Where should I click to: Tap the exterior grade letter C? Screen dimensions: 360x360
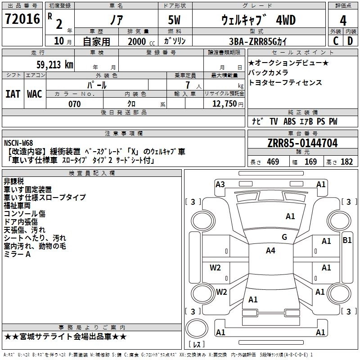click(x=336, y=40)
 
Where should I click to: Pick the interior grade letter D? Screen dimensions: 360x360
click(x=351, y=40)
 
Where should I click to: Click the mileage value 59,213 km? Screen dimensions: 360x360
click(x=55, y=64)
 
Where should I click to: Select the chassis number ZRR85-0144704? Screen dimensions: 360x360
click(x=302, y=144)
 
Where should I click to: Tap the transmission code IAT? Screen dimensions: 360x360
click(x=13, y=94)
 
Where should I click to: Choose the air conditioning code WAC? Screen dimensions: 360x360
click(x=35, y=94)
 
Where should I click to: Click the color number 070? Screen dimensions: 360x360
click(x=74, y=104)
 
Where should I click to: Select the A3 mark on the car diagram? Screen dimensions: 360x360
click(x=220, y=184)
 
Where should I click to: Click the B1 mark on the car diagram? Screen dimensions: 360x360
click(x=347, y=240)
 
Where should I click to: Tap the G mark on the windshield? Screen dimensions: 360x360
click(x=284, y=237)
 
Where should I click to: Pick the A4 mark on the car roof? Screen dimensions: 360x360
click(x=270, y=251)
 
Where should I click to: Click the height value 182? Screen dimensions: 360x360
click(x=347, y=162)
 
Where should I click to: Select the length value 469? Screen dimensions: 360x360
click(x=273, y=162)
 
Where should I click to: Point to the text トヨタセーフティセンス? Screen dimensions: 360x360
click(x=285, y=83)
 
